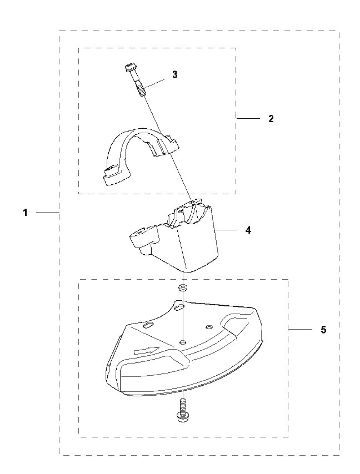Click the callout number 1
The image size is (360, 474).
[x=25, y=213]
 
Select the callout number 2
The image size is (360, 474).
[x=271, y=119]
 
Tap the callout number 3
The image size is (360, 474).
[x=175, y=75]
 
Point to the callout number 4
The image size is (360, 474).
[x=248, y=230]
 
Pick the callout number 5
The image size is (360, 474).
[x=323, y=329]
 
